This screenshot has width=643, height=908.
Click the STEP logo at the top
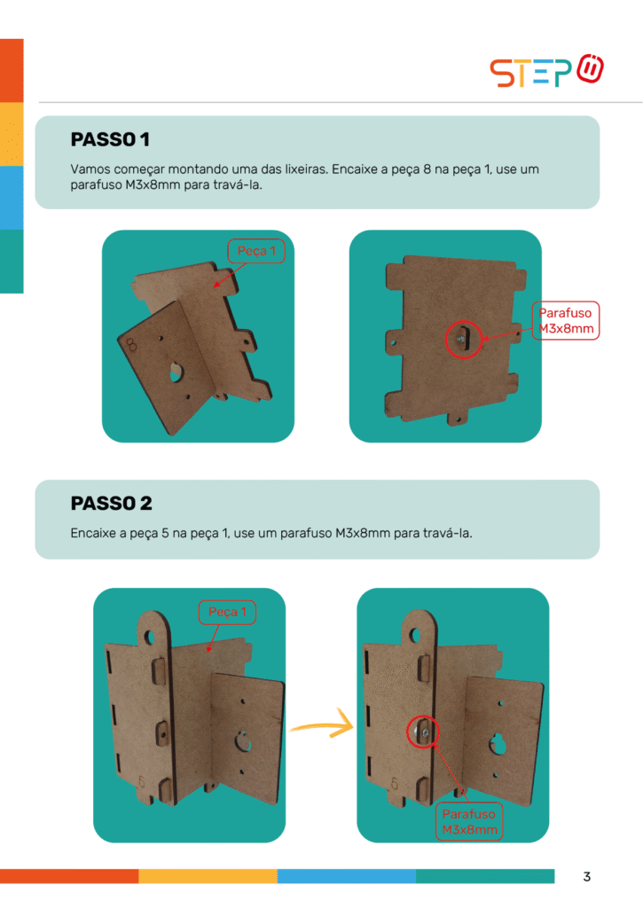click(x=547, y=71)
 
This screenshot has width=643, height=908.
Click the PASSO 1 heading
click(x=110, y=139)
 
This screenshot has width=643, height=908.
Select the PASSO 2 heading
click(x=111, y=504)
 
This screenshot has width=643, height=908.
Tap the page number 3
click(x=587, y=877)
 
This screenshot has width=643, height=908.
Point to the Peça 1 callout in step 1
click(x=256, y=251)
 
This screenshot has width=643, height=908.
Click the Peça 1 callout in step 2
click(x=227, y=612)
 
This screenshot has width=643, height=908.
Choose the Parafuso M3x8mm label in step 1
click(x=565, y=320)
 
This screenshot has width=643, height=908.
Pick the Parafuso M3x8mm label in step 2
click(x=469, y=822)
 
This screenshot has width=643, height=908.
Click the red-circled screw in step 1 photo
click(x=464, y=340)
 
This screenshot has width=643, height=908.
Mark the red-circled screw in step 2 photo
click(x=423, y=732)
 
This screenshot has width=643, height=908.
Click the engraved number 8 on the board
click(x=131, y=345)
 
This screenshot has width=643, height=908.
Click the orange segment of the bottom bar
click(x=69, y=876)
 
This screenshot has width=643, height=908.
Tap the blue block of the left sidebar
click(x=12, y=198)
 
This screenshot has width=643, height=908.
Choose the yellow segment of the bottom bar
click(x=208, y=876)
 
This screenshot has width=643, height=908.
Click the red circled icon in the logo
click(x=591, y=68)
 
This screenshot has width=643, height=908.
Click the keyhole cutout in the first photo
click(x=176, y=372)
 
